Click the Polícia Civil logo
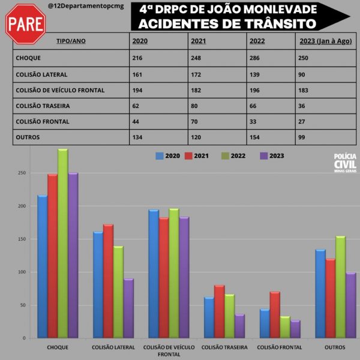click(345, 163)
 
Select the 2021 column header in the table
click(199, 41)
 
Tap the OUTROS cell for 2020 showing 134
click(137, 137)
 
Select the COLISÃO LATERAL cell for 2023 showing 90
click(302, 74)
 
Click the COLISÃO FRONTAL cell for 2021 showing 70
click(195, 121)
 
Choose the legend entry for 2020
click(167, 156)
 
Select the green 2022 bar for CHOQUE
click(63, 243)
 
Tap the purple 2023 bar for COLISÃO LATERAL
click(128, 308)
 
